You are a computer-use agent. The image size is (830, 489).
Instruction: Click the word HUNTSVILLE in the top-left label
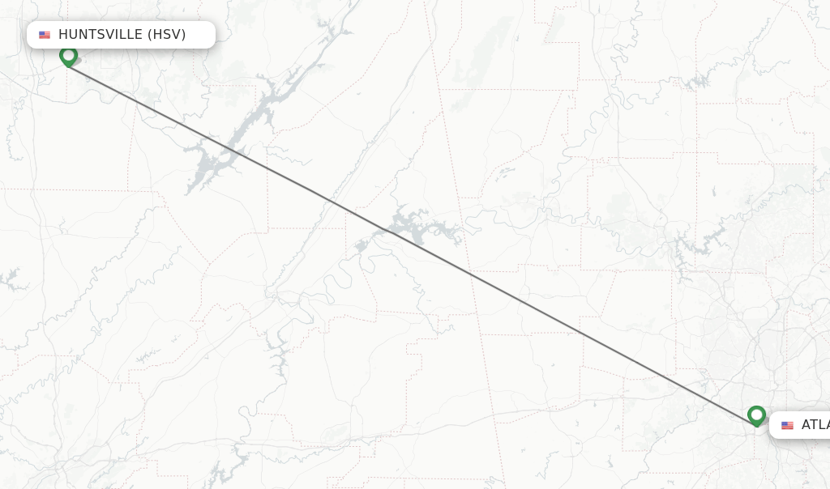click(x=101, y=35)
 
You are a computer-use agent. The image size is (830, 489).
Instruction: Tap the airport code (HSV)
click(x=166, y=35)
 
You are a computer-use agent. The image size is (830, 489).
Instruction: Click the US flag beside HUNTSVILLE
click(x=45, y=35)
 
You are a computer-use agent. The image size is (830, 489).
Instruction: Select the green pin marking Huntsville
click(x=68, y=57)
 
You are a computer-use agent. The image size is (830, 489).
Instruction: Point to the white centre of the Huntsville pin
click(x=68, y=54)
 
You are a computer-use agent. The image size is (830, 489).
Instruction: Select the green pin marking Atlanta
click(x=756, y=416)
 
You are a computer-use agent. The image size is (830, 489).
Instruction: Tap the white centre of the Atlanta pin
click(x=756, y=414)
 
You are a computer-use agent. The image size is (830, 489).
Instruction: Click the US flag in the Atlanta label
click(x=787, y=425)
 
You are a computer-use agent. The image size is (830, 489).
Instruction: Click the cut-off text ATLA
click(x=815, y=425)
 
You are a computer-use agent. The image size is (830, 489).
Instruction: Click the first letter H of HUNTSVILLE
click(x=63, y=35)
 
